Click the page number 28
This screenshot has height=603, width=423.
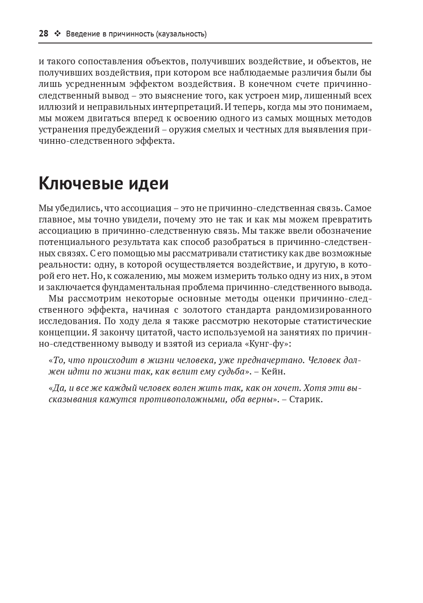43,34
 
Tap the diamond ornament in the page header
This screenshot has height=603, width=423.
57,34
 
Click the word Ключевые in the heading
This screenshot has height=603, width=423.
76,184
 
